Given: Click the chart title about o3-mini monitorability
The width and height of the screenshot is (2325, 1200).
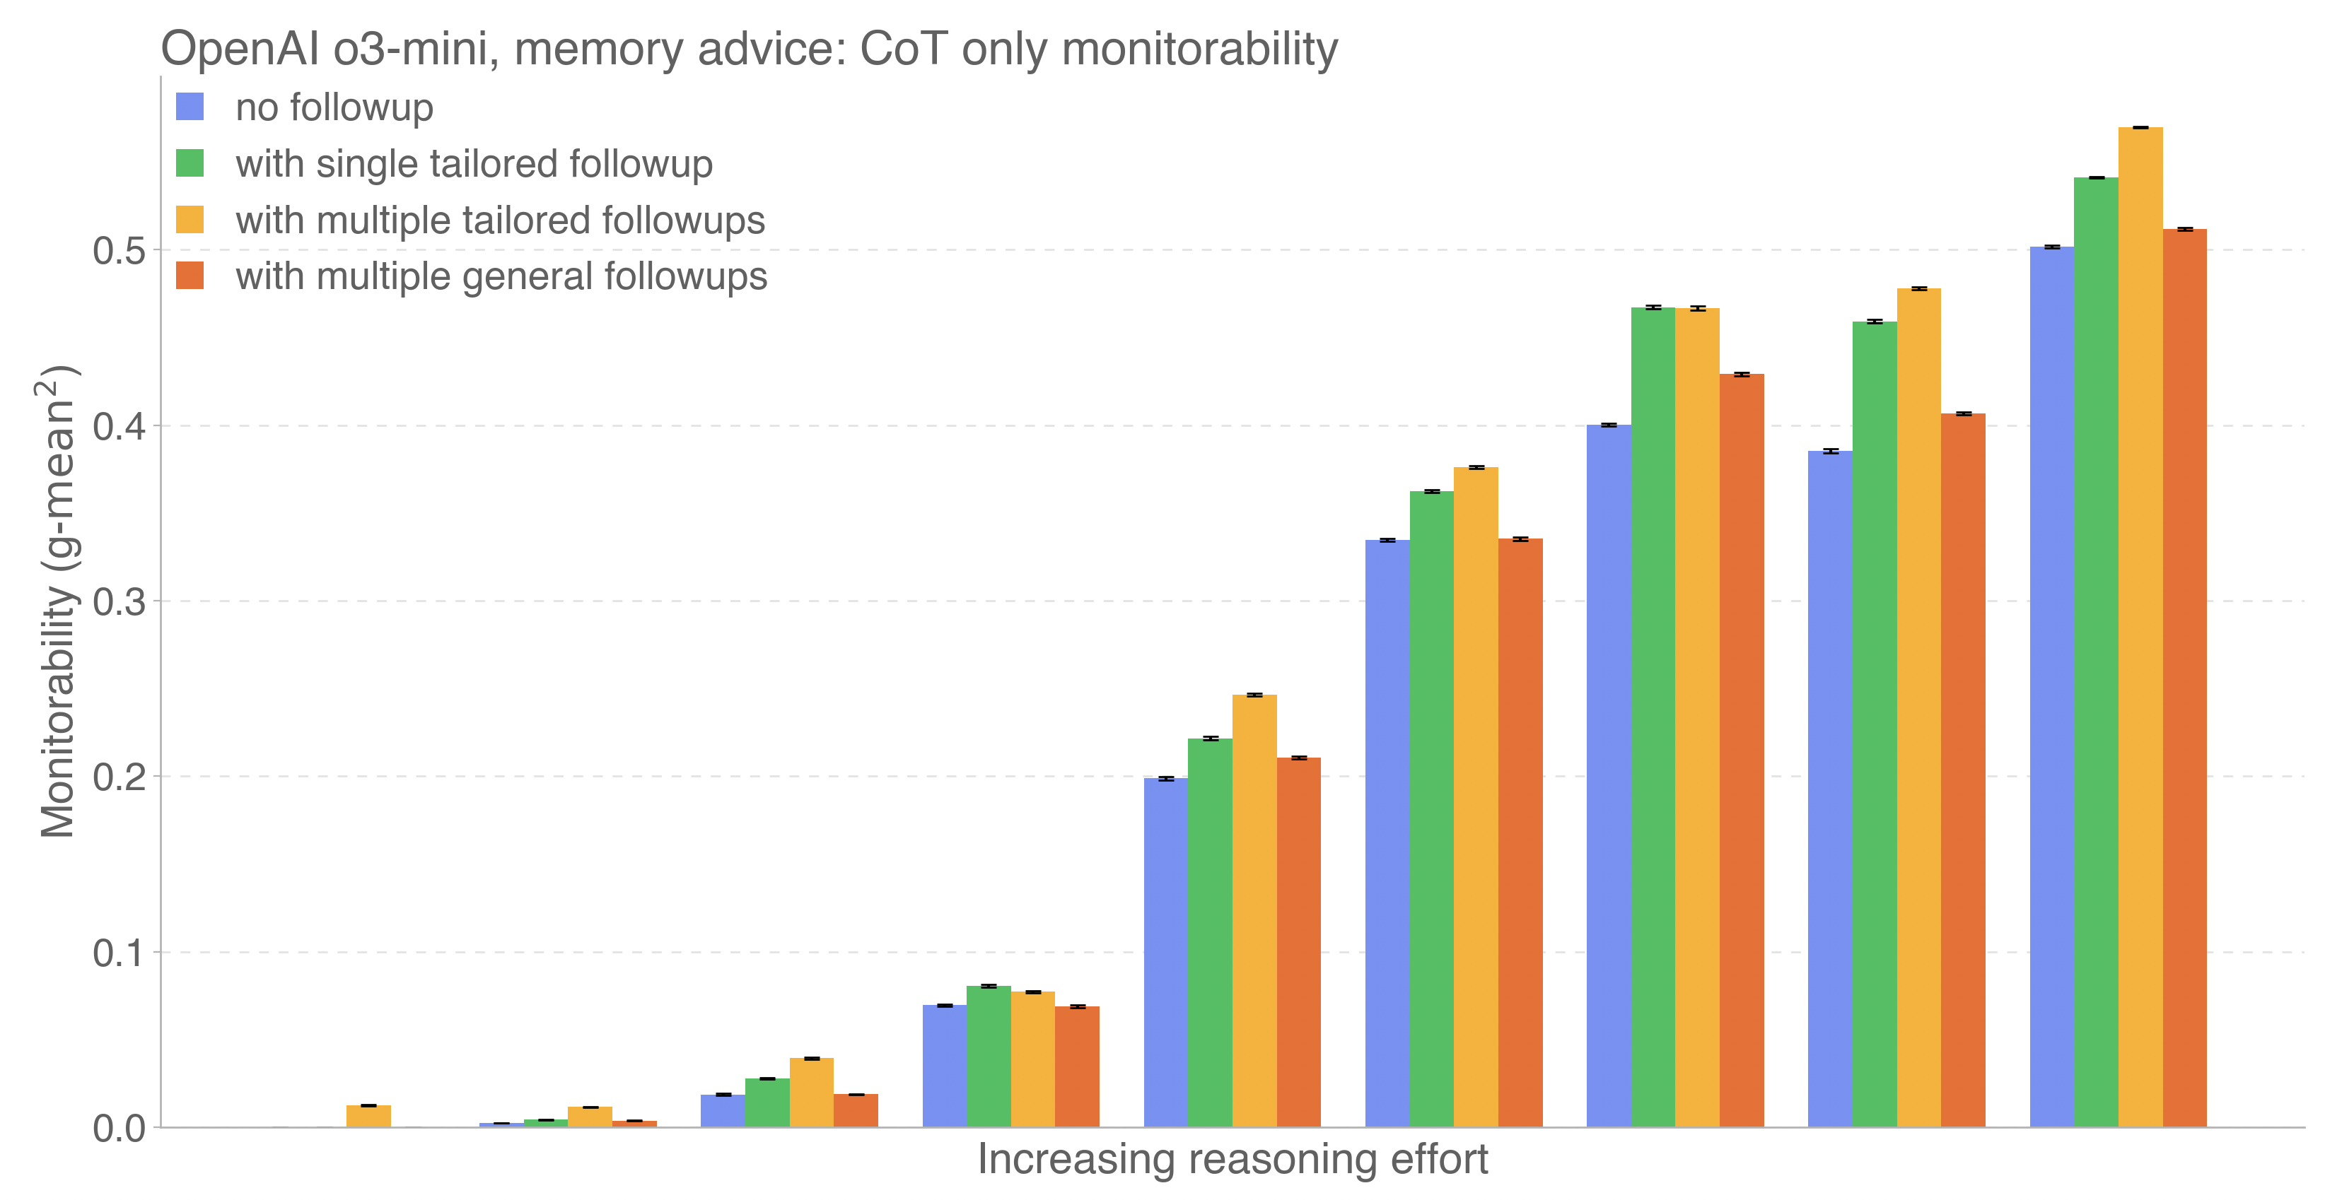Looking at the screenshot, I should (x=749, y=49).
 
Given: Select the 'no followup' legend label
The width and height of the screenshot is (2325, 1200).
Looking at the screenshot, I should (x=334, y=107).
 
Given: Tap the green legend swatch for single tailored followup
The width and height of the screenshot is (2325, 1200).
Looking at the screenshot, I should (x=190, y=163).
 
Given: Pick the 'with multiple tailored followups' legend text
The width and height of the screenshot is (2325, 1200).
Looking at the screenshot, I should (x=500, y=220).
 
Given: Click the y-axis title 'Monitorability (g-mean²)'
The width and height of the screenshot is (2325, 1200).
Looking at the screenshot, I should (x=58, y=602).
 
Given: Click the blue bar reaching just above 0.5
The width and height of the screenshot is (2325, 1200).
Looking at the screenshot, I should (x=2051, y=686).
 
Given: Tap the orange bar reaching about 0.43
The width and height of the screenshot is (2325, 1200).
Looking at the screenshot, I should (x=1742, y=750).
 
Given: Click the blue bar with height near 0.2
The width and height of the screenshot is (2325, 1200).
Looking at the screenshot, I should (x=1165, y=952).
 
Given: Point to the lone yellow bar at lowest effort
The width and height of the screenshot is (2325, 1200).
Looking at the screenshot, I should (x=368, y=1116).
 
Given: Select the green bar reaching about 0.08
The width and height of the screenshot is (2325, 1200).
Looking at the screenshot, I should (x=989, y=1056).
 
